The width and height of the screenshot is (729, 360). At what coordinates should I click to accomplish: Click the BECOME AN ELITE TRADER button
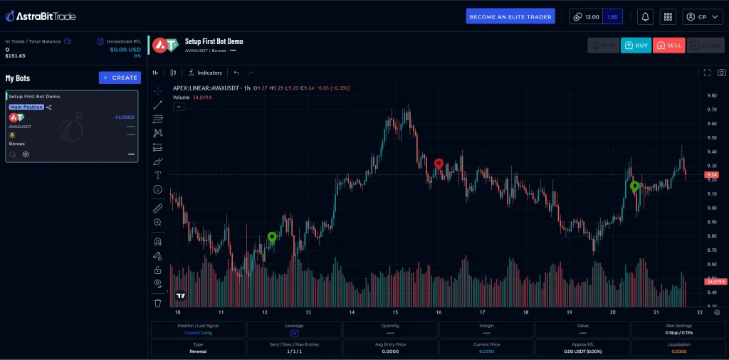pyautogui.click(x=510, y=16)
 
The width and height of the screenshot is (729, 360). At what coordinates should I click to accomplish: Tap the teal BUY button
pyautogui.click(x=636, y=46)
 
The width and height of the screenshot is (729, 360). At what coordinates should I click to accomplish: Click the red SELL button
pyautogui.click(x=668, y=46)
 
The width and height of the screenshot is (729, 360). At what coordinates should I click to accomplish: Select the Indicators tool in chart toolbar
pyautogui.click(x=205, y=73)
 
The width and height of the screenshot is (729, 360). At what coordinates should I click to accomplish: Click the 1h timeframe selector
pyautogui.click(x=155, y=73)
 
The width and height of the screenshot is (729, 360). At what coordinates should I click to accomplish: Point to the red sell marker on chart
pyautogui.click(x=439, y=164)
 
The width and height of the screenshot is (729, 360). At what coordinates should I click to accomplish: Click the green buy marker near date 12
pyautogui.click(x=272, y=237)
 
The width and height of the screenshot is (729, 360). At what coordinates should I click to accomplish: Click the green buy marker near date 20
pyautogui.click(x=634, y=186)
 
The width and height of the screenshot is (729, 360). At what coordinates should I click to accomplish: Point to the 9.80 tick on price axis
pyautogui.click(x=711, y=95)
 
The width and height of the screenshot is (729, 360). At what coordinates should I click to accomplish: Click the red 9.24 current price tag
pyautogui.click(x=711, y=174)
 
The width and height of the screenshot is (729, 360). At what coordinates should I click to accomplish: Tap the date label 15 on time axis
pyautogui.click(x=394, y=312)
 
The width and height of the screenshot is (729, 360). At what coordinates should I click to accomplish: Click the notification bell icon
pyautogui.click(x=645, y=16)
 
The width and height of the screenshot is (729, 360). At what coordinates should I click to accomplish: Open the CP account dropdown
pyautogui.click(x=702, y=16)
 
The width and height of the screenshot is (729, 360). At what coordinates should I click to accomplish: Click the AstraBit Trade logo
pyautogui.click(x=41, y=16)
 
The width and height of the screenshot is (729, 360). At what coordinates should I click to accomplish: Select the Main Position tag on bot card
pyautogui.click(x=26, y=107)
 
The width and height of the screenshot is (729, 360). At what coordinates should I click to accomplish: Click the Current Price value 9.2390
pyautogui.click(x=486, y=351)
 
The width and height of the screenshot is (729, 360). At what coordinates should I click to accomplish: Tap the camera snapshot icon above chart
pyautogui.click(x=721, y=73)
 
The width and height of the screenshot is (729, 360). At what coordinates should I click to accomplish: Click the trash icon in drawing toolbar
pyautogui.click(x=158, y=302)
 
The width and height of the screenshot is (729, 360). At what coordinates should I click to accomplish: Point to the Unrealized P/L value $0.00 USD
pyautogui.click(x=125, y=49)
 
